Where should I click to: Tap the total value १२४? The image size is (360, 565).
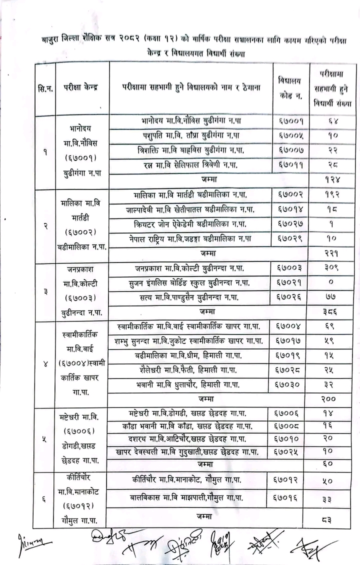[329, 179]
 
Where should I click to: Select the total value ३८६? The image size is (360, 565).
[329, 311]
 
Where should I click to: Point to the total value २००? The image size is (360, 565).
[329, 398]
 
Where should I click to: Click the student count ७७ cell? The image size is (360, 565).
[329, 297]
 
